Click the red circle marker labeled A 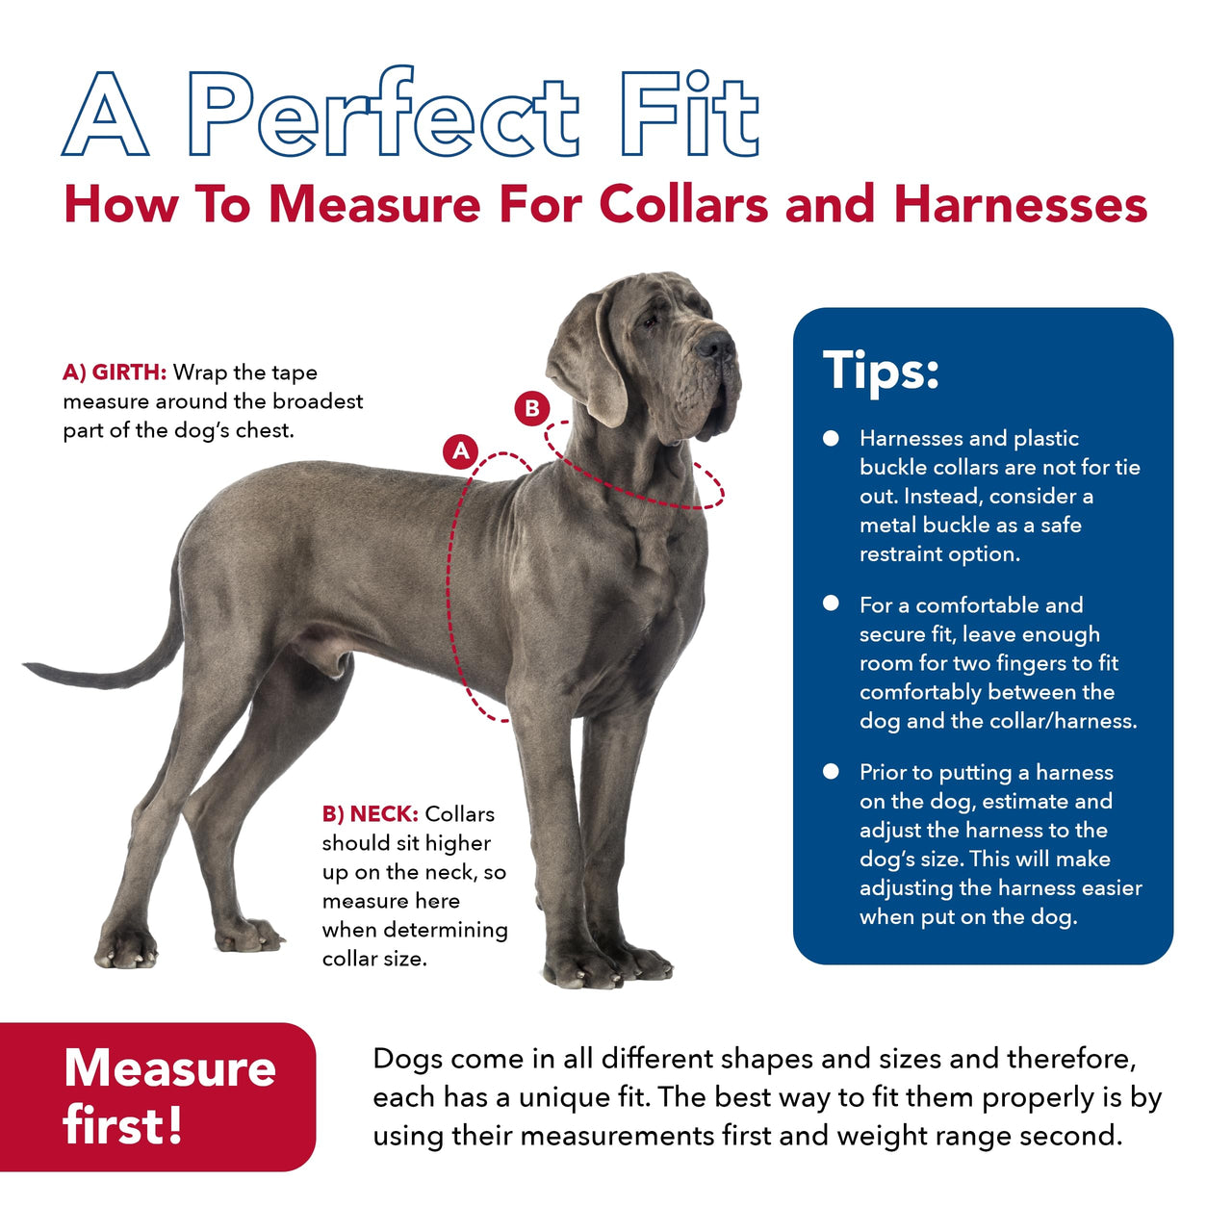461,450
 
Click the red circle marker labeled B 531,408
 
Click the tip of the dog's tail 31,665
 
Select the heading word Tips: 881,371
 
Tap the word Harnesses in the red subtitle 1020,205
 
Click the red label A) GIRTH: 115,372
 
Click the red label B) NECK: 370,814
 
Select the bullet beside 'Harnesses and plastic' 832,439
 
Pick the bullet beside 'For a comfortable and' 832,604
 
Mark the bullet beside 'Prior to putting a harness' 832,772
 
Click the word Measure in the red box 169,1068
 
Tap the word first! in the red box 122,1124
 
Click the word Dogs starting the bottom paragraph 407,1059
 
